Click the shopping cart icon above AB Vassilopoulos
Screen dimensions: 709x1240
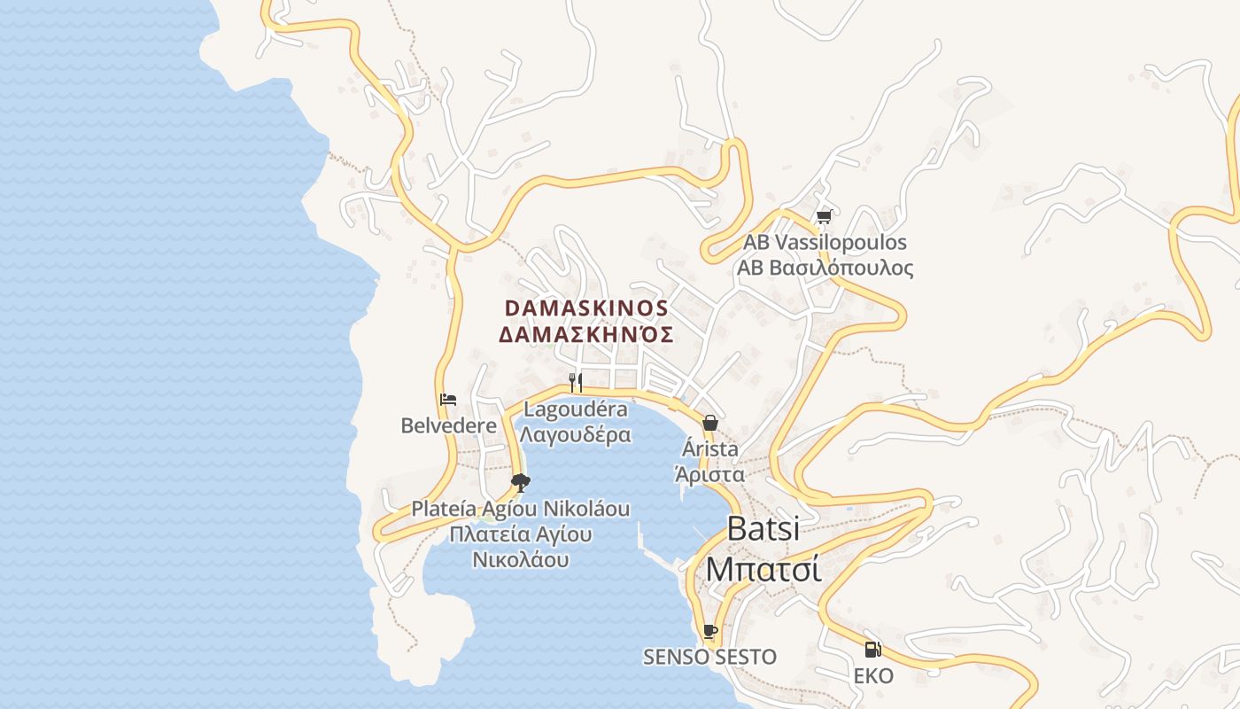[x=824, y=216]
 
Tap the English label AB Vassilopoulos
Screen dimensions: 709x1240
[x=825, y=242]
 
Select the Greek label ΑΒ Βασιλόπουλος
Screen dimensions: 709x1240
[x=825, y=267]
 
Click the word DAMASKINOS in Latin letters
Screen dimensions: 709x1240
[x=586, y=308]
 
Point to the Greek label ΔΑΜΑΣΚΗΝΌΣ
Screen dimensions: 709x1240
[x=586, y=334]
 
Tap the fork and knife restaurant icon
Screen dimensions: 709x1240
[x=576, y=382]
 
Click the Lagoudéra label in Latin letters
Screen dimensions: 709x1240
[x=576, y=409]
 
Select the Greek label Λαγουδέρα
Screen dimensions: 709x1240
[x=576, y=434]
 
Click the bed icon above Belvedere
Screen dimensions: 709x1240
[x=448, y=400]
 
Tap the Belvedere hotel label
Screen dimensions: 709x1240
[x=448, y=425]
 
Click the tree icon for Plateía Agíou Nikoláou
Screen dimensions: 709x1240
[x=521, y=482]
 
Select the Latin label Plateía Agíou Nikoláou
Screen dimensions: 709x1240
[x=521, y=509]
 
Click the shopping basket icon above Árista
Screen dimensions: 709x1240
[x=709, y=423]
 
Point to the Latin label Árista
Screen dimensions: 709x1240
[x=709, y=448]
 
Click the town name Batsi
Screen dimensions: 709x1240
[x=763, y=528]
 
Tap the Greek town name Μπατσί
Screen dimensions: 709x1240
[x=763, y=568]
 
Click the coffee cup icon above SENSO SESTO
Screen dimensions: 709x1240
[x=709, y=631]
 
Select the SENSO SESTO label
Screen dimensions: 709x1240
[x=709, y=657]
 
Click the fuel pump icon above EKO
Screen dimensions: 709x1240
[x=872, y=650]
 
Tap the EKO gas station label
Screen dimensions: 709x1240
[x=872, y=676]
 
